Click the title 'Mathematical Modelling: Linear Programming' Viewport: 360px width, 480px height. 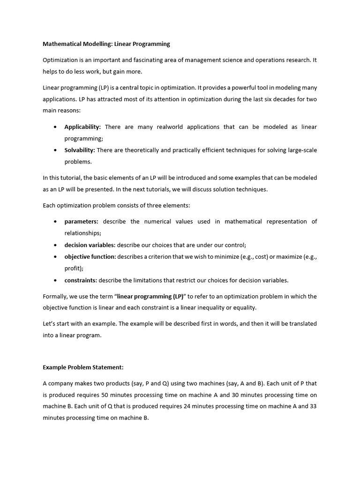106,44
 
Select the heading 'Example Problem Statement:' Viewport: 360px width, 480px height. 83,367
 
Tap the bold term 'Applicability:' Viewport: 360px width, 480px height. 82,127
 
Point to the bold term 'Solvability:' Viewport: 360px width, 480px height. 80,150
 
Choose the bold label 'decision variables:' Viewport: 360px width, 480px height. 90,245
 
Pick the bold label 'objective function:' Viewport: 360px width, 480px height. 90,256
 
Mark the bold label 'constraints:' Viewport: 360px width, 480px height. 81,280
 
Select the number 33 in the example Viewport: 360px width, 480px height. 313,406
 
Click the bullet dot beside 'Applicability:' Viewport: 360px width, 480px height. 56,127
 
